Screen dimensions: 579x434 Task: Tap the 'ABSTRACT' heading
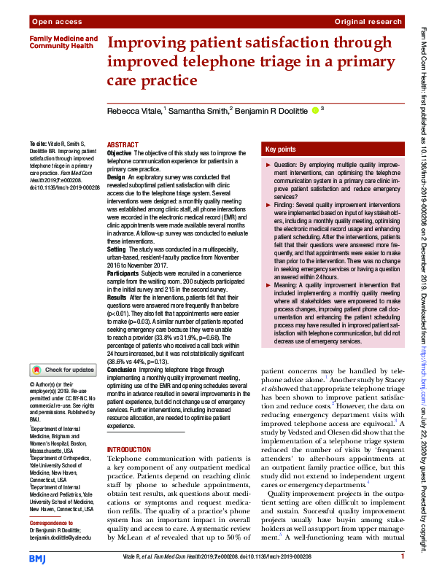[123, 145]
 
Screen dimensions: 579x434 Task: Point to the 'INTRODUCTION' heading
[130, 450]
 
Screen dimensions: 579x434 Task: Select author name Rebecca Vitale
[134, 111]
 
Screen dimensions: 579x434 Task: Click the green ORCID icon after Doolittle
[315, 111]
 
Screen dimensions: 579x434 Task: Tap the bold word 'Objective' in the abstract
[120, 154]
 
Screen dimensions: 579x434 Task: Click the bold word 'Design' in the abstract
[117, 177]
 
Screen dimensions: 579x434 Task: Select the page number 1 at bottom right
[403, 557]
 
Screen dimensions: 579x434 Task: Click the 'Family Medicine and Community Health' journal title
[63, 42]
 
